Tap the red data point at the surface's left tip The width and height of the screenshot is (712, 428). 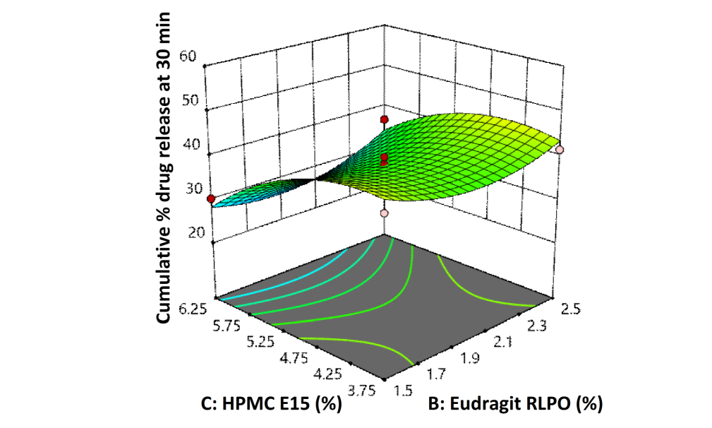click(211, 200)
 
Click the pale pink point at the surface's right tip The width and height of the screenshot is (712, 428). click(560, 150)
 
